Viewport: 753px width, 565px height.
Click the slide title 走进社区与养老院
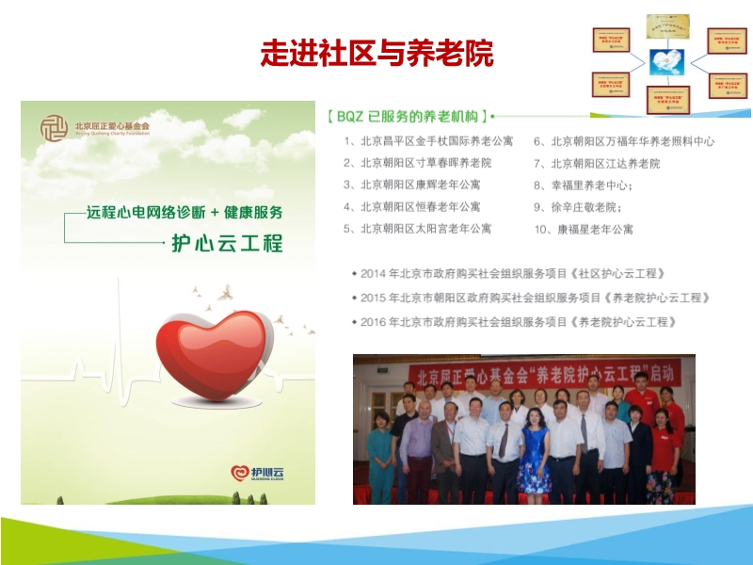coord(376,54)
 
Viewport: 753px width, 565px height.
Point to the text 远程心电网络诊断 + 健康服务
coord(184,213)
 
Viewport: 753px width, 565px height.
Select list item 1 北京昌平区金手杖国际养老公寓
coord(428,142)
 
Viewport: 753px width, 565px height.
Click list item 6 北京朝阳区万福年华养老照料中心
coord(624,142)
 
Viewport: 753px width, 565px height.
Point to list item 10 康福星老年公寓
coord(584,229)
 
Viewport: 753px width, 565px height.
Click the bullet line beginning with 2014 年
coord(513,273)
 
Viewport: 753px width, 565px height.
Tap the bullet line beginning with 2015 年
coord(535,297)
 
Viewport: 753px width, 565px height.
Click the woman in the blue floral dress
coord(534,452)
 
